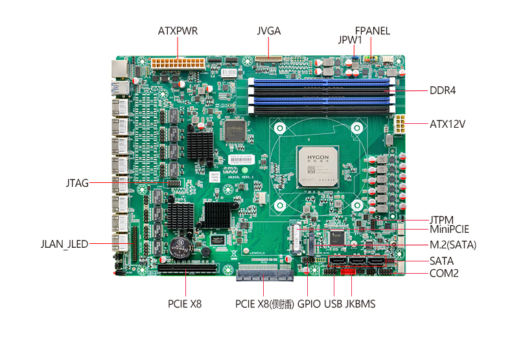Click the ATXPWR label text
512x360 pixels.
(x=178, y=30)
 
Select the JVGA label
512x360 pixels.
(x=268, y=30)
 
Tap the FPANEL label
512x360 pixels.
(x=372, y=30)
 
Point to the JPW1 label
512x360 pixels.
(x=350, y=40)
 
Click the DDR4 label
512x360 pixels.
(x=443, y=90)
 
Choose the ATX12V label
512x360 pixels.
(x=448, y=123)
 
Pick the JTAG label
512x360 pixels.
(x=77, y=183)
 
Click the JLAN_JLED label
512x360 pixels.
(x=64, y=244)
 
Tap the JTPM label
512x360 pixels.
(x=441, y=220)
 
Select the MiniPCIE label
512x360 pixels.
(x=449, y=229)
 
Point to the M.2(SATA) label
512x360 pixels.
(x=452, y=245)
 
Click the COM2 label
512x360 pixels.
(x=444, y=274)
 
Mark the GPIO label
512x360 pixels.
(x=309, y=303)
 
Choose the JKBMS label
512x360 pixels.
(x=360, y=303)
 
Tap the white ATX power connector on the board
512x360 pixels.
(x=177, y=64)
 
